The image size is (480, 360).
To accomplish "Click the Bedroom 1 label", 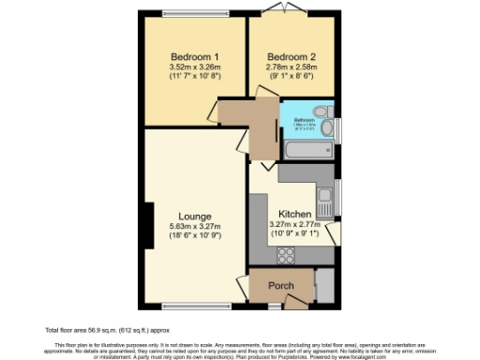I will click(x=194, y=55).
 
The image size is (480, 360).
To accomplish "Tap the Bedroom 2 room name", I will click(x=291, y=55).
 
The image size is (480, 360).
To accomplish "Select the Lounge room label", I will click(x=194, y=217).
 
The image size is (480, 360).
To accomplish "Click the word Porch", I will click(x=281, y=286).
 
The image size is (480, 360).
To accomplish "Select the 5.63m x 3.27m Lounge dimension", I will click(x=194, y=227).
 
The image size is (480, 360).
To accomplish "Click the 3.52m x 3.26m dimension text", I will click(x=194, y=67).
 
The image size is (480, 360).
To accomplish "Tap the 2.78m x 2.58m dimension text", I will click(x=291, y=67).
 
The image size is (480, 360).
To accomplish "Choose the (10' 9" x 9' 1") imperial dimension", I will click(x=295, y=235).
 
